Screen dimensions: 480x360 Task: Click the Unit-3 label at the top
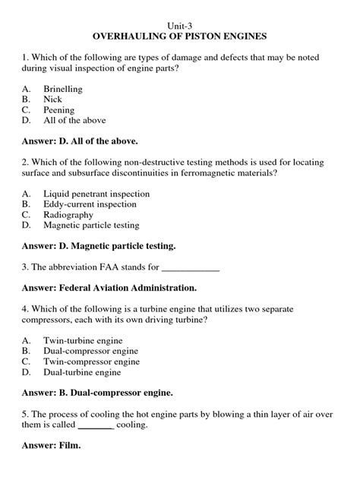tap(180, 24)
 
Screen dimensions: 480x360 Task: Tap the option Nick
tap(53, 99)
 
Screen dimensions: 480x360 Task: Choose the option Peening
tap(59, 110)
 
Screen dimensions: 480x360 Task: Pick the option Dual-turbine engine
tap(82, 373)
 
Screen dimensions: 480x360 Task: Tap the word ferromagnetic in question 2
tap(205, 173)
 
